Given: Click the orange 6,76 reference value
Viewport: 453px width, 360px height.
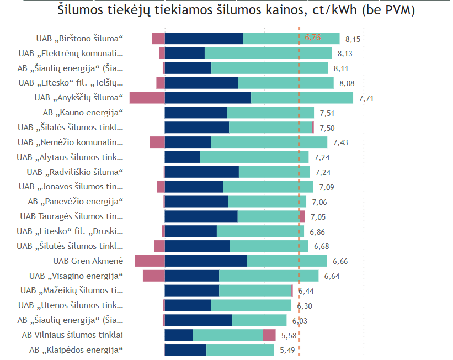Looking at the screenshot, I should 313,38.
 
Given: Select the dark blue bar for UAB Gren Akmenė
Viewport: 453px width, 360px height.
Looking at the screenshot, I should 205,261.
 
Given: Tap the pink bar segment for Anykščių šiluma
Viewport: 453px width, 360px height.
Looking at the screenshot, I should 147,98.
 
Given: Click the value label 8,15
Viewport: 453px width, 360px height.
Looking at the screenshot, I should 353,39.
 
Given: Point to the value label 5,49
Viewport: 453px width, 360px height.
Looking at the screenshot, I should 287,350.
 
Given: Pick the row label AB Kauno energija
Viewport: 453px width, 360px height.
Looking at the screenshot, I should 82,113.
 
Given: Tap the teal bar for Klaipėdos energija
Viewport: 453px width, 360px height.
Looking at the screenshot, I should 240,350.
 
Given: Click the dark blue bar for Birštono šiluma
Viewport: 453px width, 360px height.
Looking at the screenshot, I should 204,38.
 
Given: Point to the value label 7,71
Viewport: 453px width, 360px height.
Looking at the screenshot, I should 366,98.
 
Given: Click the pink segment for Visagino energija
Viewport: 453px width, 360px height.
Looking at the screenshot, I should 153,276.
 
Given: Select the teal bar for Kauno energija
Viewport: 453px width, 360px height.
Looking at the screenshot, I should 270,113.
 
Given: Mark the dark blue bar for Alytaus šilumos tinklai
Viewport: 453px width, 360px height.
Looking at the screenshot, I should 182,157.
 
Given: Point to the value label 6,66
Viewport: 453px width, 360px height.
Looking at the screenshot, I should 340,261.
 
